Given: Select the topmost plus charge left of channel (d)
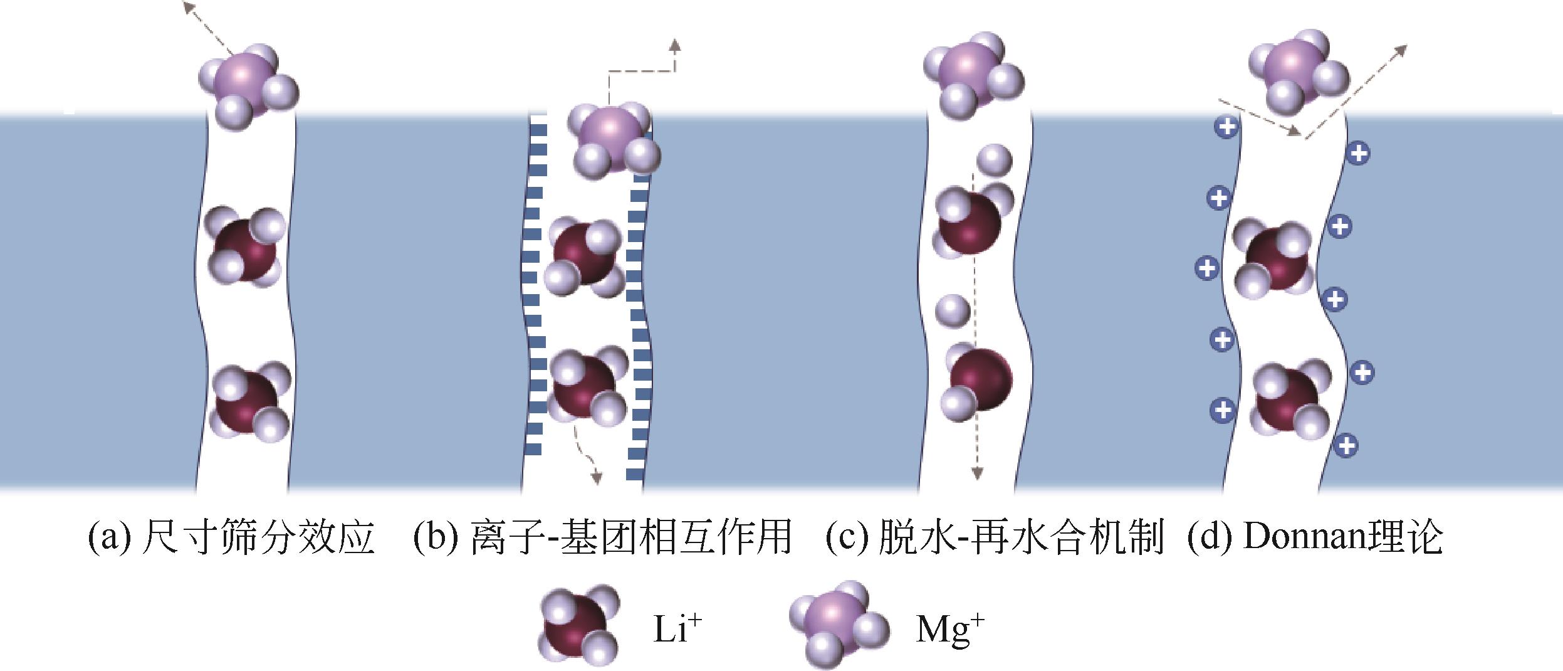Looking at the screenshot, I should [1226, 128].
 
